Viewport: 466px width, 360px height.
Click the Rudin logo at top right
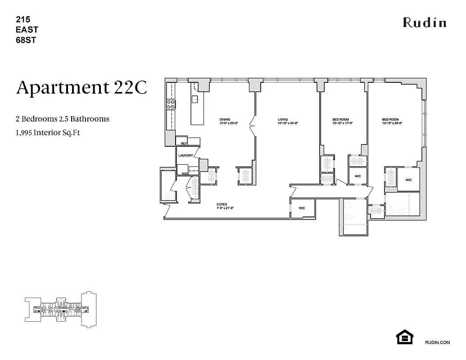424,22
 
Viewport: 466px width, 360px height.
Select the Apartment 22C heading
81,87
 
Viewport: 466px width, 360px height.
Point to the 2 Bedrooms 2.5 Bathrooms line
63,119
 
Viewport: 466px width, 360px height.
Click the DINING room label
225,120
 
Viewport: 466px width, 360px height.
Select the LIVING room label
282,120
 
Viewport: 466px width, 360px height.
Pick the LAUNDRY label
185,156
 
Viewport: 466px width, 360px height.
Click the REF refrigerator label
184,144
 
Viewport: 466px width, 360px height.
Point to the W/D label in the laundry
185,173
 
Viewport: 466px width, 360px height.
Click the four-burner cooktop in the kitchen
171,104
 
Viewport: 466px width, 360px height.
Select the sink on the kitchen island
195,99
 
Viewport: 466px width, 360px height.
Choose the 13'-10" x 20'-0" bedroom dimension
392,123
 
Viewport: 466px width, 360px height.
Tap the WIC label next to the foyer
302,208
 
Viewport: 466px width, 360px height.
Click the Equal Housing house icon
404,337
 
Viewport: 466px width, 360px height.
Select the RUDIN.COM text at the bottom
437,342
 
